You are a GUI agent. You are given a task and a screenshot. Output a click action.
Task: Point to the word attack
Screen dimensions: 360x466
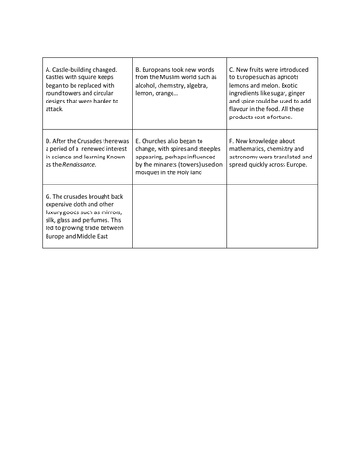(x=57, y=109)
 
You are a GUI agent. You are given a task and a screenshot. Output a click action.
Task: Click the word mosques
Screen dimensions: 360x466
(x=153, y=176)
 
